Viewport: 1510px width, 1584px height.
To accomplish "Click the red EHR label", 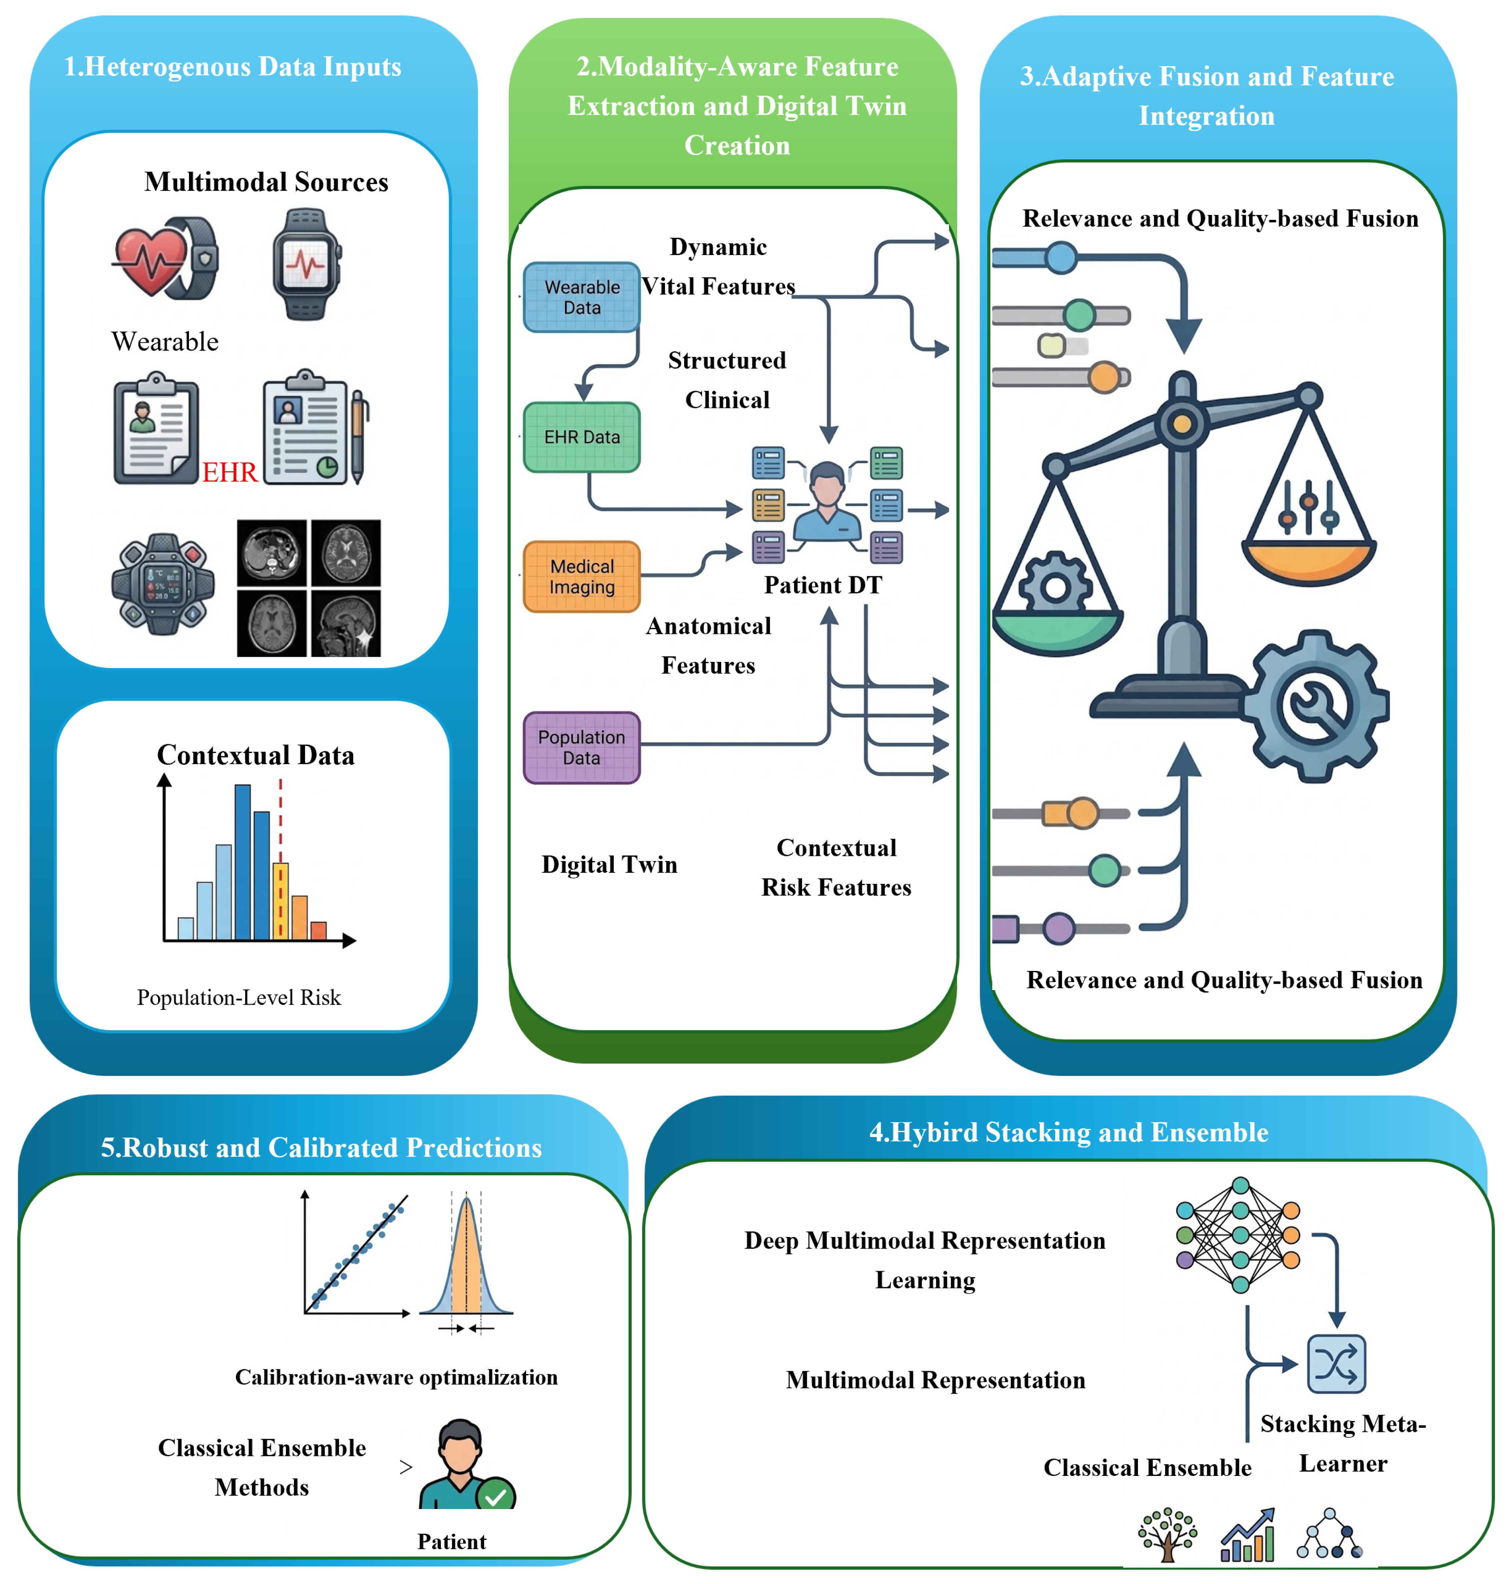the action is [229, 472].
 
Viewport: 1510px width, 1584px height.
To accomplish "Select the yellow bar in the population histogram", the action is [280, 902].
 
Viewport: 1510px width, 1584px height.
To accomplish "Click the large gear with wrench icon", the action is [1314, 706].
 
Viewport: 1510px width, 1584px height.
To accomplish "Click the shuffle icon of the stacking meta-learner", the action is [1336, 1363].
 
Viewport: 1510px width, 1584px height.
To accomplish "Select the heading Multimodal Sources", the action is [266, 182].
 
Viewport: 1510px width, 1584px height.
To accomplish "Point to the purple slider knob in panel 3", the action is [1059, 929].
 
